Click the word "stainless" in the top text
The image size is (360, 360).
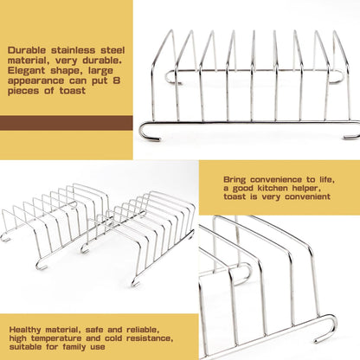click(x=74, y=50)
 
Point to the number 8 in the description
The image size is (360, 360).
click(x=116, y=80)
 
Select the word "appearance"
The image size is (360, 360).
click(x=35, y=81)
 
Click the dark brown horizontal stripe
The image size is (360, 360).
click(x=67, y=123)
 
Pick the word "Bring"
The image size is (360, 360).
click(x=235, y=180)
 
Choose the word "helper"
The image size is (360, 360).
click(x=306, y=189)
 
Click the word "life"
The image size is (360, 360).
click(x=327, y=180)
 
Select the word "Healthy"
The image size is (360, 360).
click(x=26, y=330)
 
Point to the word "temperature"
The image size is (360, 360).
click(x=56, y=338)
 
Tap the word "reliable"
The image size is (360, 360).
click(x=143, y=330)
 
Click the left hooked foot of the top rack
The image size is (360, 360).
click(x=148, y=132)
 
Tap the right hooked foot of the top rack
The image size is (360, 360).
click(x=352, y=131)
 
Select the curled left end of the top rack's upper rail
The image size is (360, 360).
click(x=172, y=77)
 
